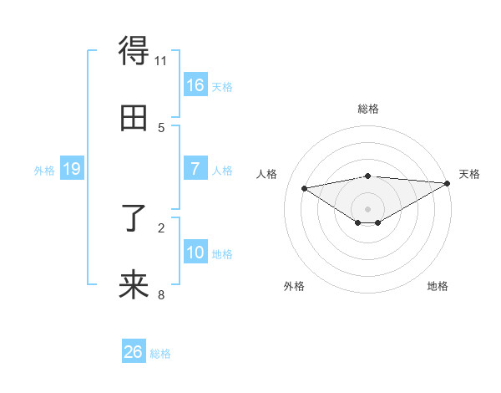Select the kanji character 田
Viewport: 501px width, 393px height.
(134, 119)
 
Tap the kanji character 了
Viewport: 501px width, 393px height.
(134, 220)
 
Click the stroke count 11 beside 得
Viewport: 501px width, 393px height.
(161, 61)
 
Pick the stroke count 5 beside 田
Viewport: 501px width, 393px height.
(161, 127)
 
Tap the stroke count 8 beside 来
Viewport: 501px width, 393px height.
(161, 294)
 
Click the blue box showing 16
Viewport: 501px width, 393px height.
(195, 84)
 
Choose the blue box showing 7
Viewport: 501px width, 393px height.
(195, 169)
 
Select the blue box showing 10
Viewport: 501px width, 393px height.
(195, 253)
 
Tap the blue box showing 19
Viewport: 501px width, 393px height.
(72, 169)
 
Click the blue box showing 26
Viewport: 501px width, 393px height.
(134, 352)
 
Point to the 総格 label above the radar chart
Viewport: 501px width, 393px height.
(367, 109)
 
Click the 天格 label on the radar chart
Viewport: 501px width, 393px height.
(469, 174)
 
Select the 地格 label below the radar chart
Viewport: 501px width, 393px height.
(438, 287)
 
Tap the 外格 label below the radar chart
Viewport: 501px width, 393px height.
(294, 287)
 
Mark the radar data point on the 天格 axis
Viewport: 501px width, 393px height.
(448, 183)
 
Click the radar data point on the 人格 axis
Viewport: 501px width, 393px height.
(304, 187)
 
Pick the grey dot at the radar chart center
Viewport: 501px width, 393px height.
(367, 209)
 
